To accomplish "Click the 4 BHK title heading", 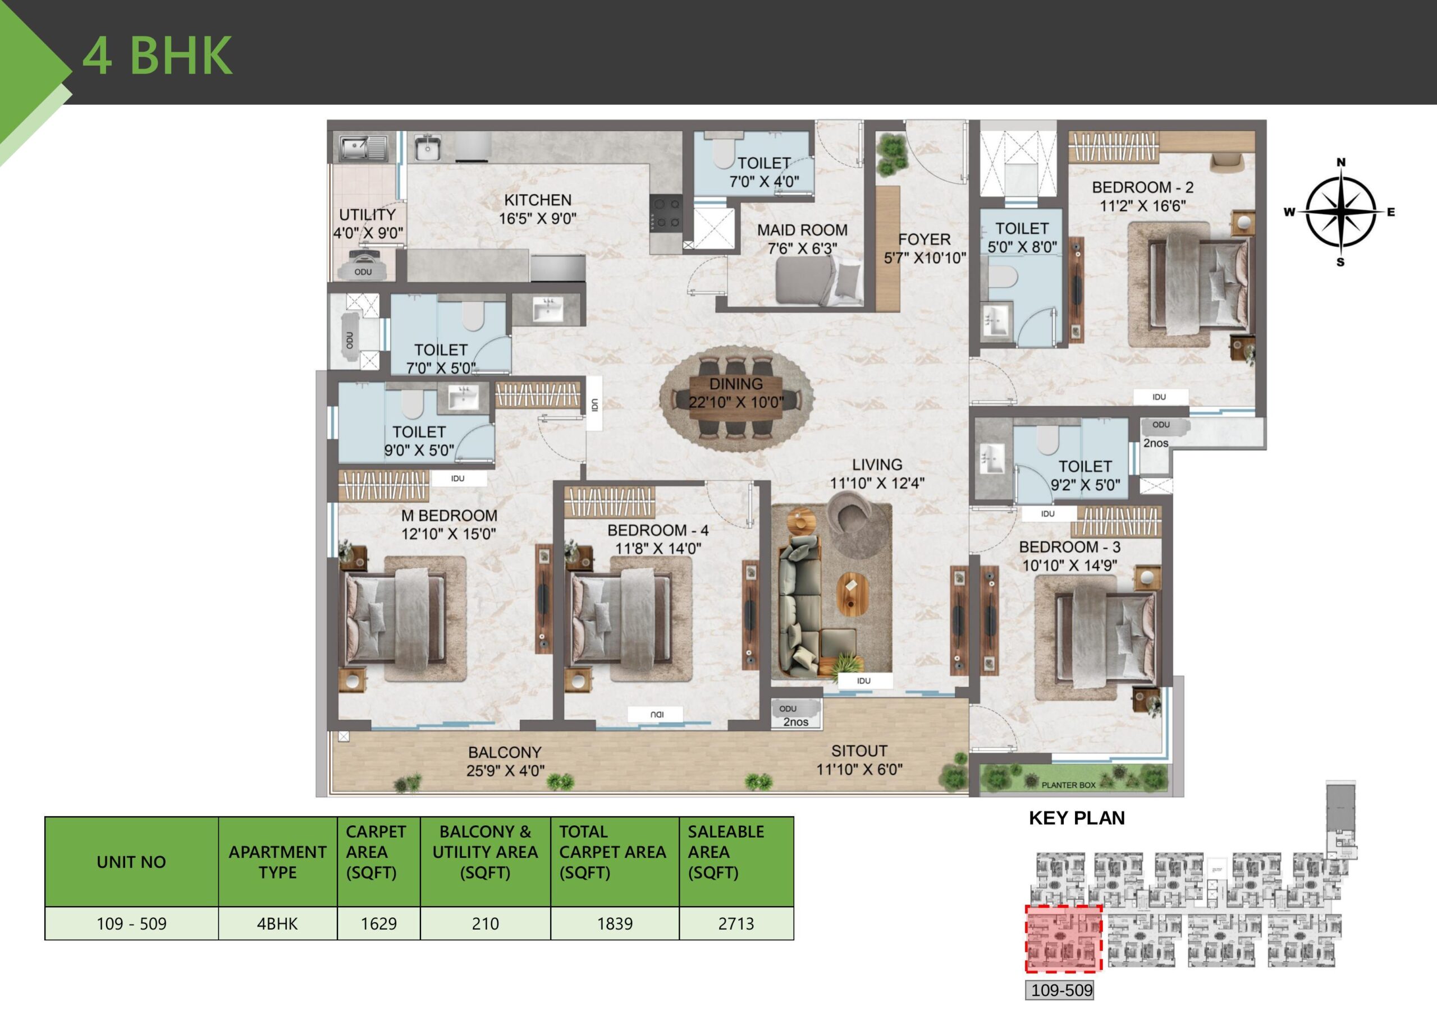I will click(157, 55).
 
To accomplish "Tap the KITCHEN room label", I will click(538, 200).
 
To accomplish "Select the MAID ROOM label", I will click(802, 230).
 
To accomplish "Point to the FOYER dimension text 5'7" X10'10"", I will click(925, 258).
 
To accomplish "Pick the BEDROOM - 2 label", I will click(1142, 187).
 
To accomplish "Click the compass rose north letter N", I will click(1340, 163).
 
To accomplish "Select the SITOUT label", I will click(859, 751).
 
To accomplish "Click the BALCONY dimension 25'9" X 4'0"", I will click(505, 771).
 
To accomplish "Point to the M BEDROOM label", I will click(449, 516).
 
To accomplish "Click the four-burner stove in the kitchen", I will click(666, 213).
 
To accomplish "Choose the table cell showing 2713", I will click(735, 923).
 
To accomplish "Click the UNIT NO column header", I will click(131, 862).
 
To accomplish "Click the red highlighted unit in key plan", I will click(1063, 939).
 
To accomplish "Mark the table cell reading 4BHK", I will click(277, 923).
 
